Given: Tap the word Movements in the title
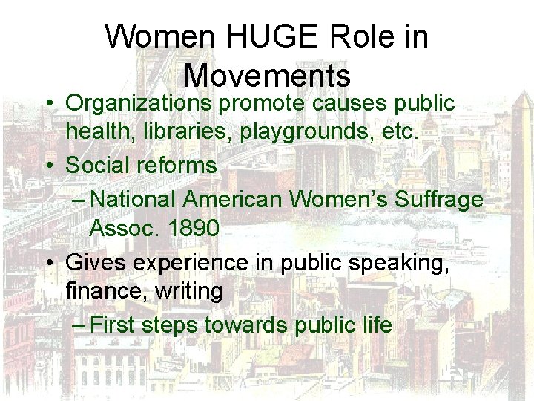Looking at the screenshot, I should pos(267,75).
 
